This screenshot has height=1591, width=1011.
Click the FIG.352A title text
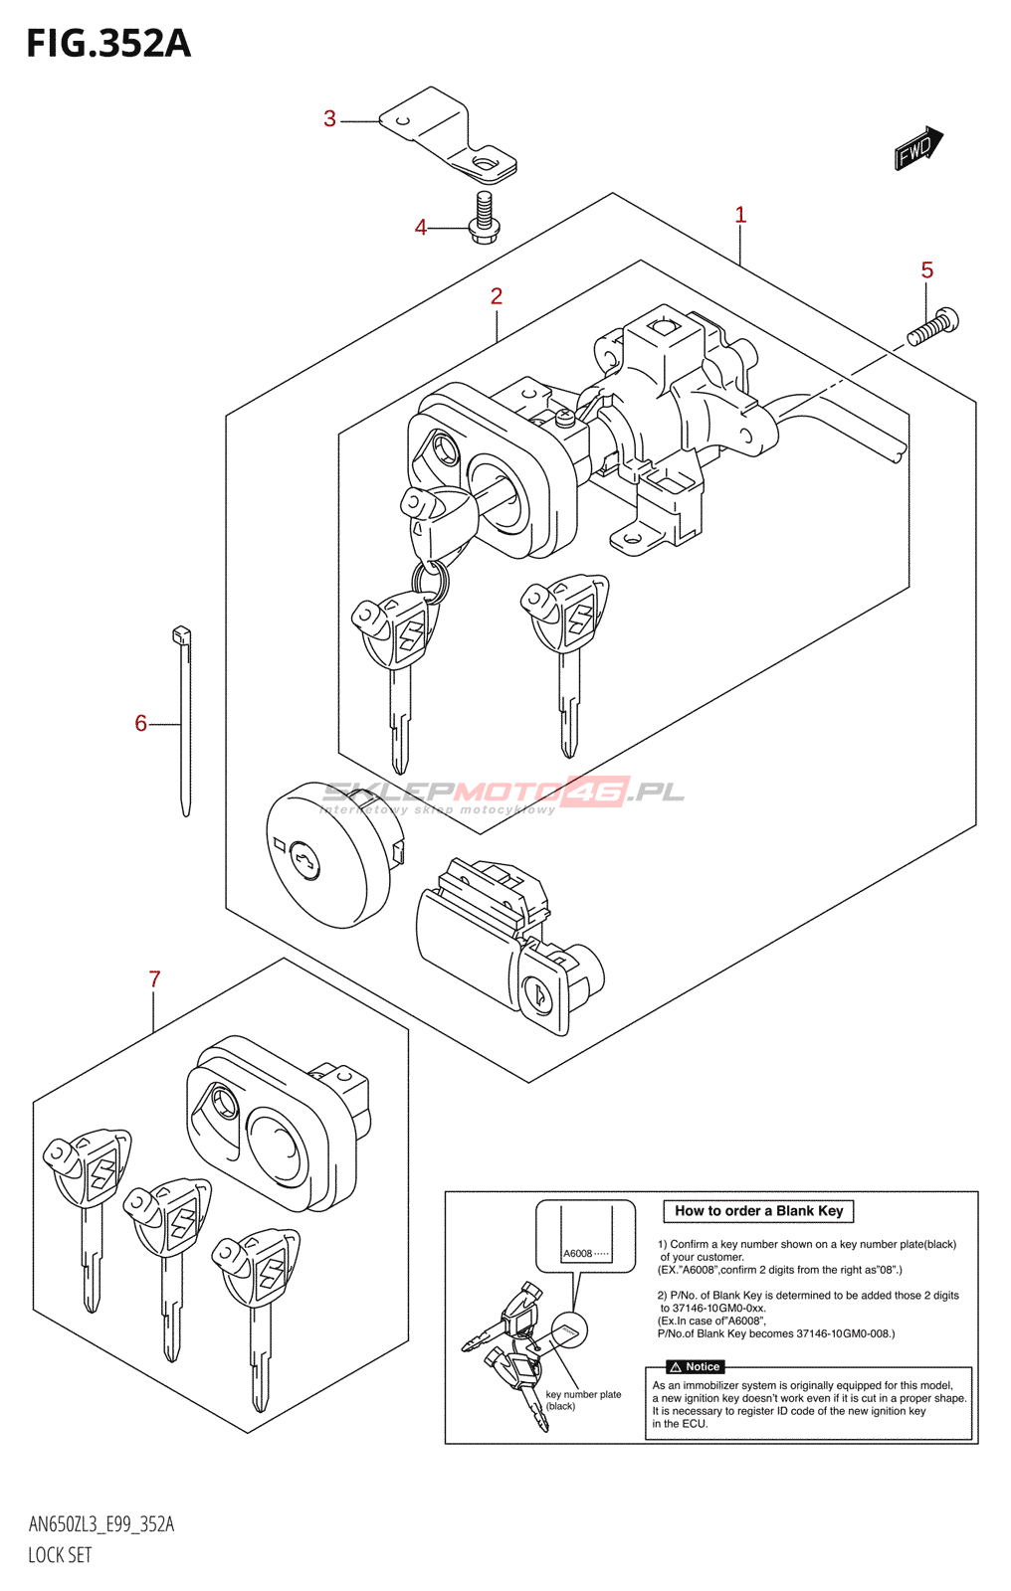108,44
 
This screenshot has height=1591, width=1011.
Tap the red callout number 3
329,119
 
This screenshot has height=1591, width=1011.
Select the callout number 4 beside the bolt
421,228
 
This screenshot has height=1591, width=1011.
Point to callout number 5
926,270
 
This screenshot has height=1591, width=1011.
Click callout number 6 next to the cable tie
140,724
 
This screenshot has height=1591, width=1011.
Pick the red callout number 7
154,979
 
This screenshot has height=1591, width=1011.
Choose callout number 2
496,296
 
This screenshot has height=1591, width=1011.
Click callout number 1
739,215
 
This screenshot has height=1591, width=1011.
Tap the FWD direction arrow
917,148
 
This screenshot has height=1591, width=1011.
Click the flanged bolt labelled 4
485,218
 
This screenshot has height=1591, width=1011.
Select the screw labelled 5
934,327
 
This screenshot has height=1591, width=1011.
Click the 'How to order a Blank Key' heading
758,1211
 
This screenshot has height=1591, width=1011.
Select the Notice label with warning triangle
696,1367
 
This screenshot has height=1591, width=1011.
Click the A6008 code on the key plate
578,1254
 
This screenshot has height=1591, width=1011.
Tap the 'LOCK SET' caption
60,1555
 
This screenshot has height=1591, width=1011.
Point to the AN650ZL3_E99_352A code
101,1524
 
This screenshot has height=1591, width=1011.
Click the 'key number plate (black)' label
582,1400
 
